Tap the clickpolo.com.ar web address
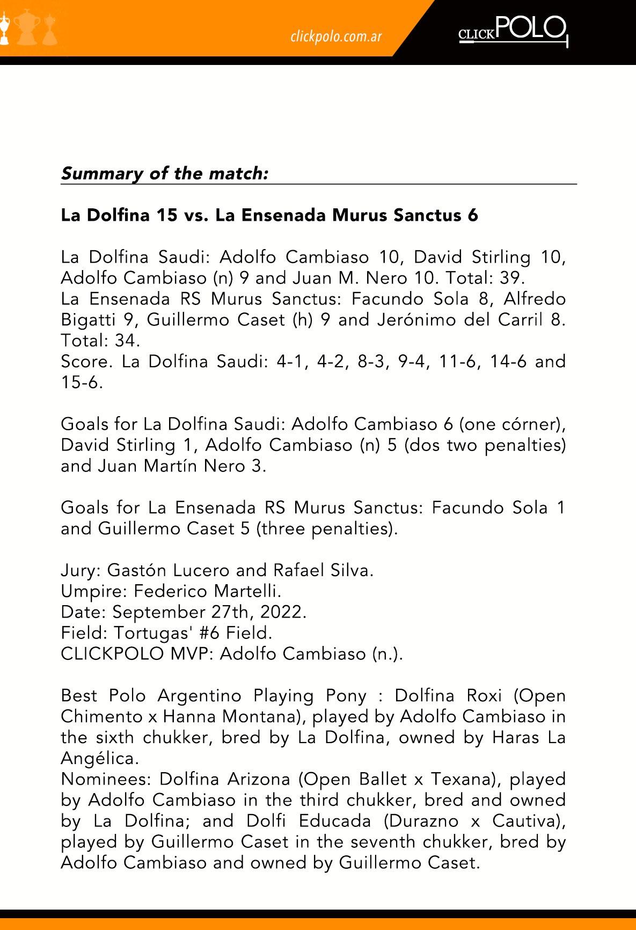pyautogui.click(x=336, y=36)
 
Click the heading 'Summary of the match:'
pyautogui.click(x=164, y=173)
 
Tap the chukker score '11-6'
pyautogui.click(x=457, y=361)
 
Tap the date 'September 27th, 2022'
pyautogui.click(x=208, y=612)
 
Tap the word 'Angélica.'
pyautogui.click(x=100, y=759)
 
